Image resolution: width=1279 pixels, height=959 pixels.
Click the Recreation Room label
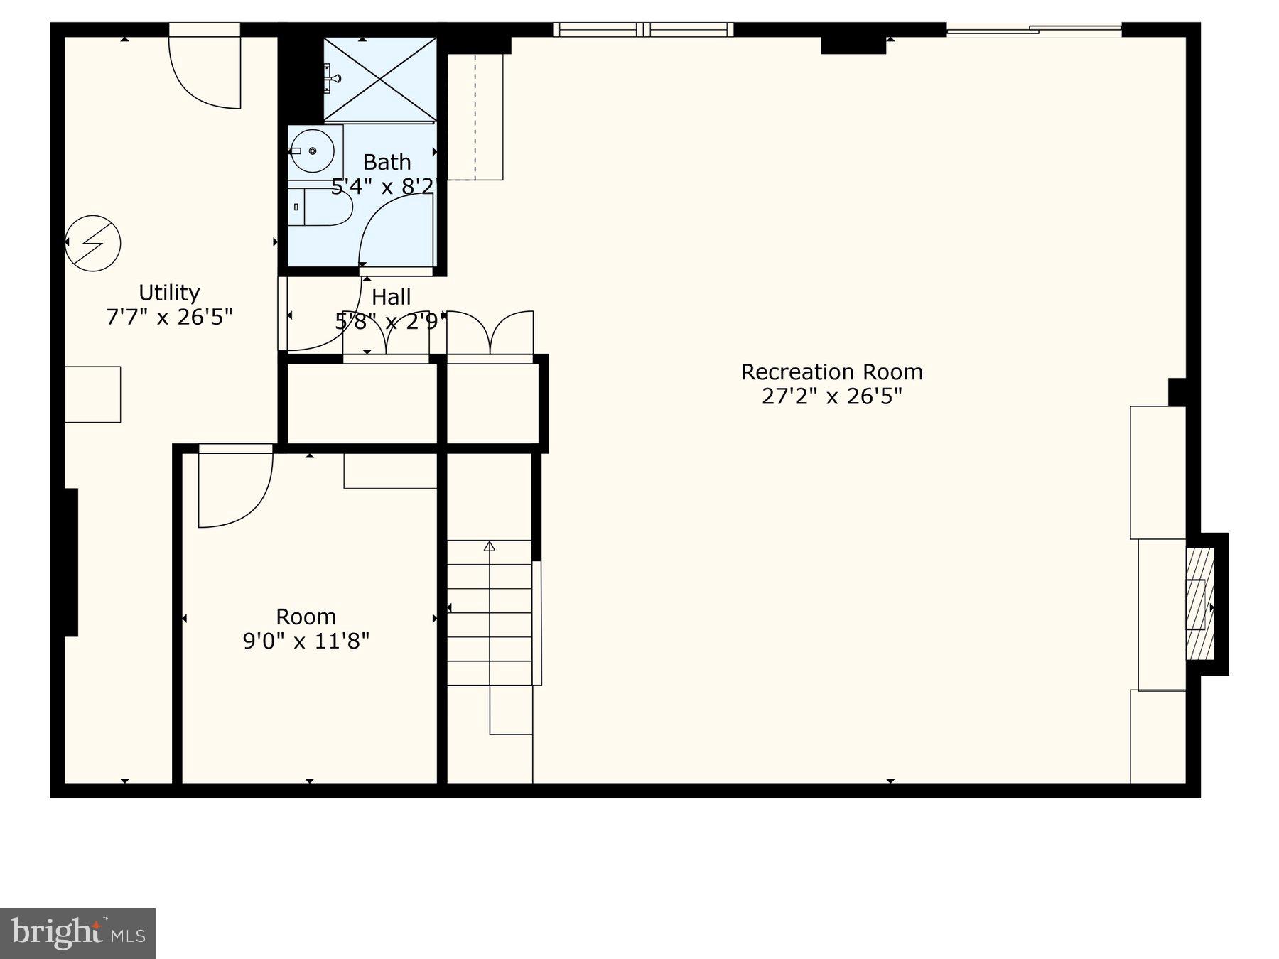coord(831,372)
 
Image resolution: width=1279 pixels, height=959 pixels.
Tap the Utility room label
coord(169,293)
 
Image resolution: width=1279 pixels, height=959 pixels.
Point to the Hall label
coord(391,297)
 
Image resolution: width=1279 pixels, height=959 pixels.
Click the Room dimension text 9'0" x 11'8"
coord(306,641)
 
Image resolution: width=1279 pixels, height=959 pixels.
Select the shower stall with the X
coord(379,79)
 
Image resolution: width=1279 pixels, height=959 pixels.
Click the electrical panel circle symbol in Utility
coord(93,243)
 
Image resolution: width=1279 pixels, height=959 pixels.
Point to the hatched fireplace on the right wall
coord(1199,604)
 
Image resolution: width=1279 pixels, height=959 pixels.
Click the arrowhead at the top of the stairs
coord(490,546)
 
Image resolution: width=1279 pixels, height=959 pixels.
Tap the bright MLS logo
coord(77,933)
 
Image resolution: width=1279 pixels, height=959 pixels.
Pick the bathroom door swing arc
coord(394,231)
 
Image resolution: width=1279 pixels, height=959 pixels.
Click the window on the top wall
coord(643,30)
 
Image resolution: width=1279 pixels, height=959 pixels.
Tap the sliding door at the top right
coord(1034,30)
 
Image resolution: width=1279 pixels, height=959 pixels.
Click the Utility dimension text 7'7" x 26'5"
coord(169,317)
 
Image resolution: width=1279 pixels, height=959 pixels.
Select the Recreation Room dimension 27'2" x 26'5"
coord(831,396)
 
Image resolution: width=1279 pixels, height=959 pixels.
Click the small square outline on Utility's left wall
coord(93,394)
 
